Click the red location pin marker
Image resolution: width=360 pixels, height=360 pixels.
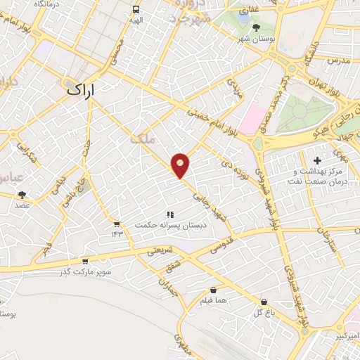[x=181, y=165]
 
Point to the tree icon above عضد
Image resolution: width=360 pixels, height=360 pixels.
[x=22, y=194]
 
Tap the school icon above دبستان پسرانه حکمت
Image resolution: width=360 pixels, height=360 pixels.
[x=169, y=214]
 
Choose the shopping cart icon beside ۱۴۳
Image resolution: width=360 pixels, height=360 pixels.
[x=116, y=224]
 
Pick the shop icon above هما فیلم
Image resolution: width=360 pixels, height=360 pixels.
[x=213, y=290]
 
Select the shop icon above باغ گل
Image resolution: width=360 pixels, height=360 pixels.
[x=264, y=301]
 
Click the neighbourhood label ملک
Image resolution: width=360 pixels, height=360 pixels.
[x=142, y=139]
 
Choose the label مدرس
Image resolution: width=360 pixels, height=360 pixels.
[x=337, y=61]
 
